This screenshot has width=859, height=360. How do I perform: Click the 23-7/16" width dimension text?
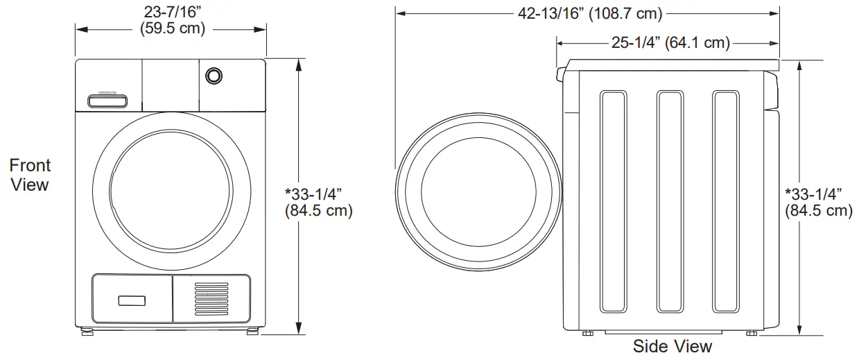[173, 12]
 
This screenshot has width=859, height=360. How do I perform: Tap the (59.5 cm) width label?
[173, 28]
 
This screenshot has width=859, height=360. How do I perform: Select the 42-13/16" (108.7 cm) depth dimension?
[590, 14]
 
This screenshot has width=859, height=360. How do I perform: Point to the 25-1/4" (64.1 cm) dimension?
[670, 42]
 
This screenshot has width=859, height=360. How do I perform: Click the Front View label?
[30, 175]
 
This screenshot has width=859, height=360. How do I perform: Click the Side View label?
[673, 346]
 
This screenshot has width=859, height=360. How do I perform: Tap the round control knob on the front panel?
[214, 76]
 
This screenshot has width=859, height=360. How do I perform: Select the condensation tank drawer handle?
[107, 101]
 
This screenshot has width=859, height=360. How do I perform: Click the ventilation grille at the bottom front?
[211, 299]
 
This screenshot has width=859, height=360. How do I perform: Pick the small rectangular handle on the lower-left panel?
[132, 300]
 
